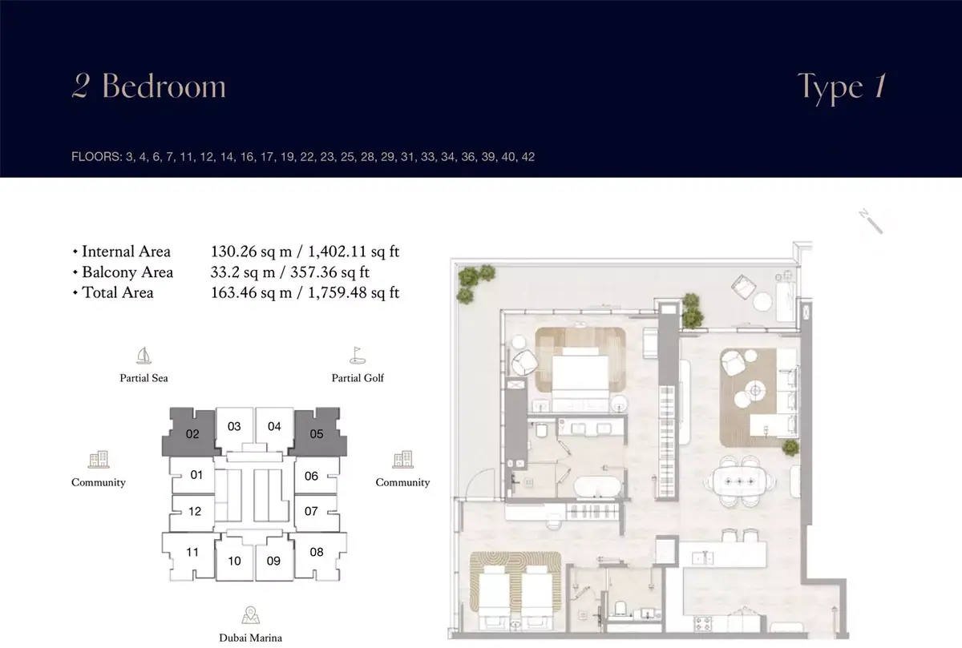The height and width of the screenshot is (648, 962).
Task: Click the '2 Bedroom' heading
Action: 148,86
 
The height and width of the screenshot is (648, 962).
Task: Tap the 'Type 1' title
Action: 841,87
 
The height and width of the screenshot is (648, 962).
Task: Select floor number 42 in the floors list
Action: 527,157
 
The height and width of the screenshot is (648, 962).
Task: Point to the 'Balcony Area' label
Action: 127,272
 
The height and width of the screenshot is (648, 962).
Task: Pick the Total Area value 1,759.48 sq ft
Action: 354,292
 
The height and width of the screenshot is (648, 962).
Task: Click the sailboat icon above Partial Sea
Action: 143,356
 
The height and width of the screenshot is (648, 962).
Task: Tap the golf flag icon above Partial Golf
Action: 358,356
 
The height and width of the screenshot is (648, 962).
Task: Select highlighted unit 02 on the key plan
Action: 192,433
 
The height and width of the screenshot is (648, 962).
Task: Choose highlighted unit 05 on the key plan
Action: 317,433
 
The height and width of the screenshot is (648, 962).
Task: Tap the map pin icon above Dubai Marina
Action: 250,615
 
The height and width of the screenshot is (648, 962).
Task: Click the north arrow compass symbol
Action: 871,221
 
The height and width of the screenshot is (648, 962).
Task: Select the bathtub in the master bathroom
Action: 597,487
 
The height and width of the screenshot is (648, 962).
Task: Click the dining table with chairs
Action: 739,481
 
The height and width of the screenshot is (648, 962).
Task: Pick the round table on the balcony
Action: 762,301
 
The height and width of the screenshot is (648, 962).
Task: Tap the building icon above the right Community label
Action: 402,459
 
